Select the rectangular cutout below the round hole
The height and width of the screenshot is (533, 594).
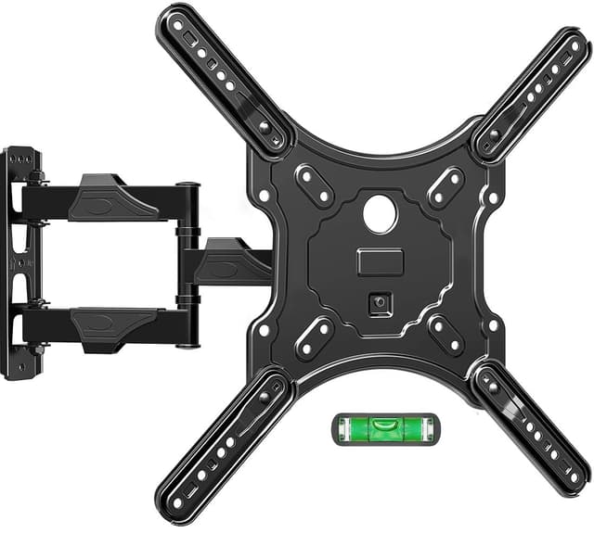pos(379,261)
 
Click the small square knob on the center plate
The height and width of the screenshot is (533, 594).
pos(378,303)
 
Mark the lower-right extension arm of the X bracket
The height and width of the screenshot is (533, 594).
pos(531,428)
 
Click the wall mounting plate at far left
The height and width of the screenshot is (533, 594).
pos(20,262)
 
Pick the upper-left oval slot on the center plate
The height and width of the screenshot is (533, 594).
pos(315,184)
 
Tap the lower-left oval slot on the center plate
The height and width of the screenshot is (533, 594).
pos(315,336)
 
